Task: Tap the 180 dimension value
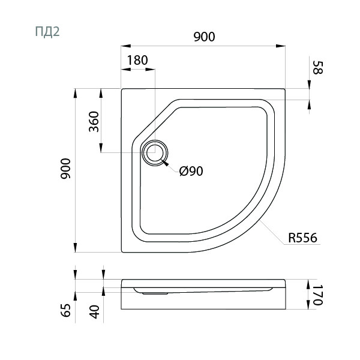(137, 61)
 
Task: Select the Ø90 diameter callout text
(191, 171)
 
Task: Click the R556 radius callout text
(302, 238)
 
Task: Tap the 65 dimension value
(67, 310)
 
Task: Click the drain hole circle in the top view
(155, 153)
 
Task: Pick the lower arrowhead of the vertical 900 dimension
(75, 249)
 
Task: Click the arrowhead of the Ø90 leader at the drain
(167, 162)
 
